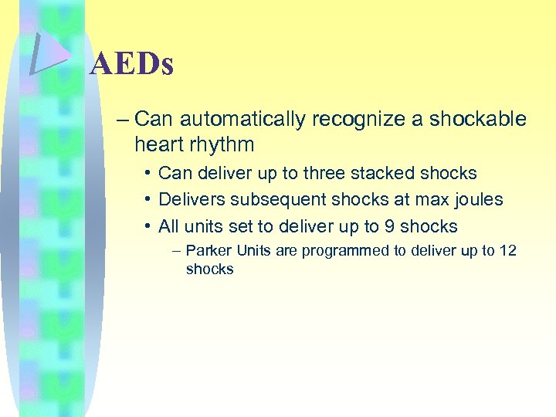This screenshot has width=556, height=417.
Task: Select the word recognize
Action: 361,119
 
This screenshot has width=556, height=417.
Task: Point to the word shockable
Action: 477,119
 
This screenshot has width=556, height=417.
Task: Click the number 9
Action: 388,227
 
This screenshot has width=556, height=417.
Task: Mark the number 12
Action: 507,251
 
